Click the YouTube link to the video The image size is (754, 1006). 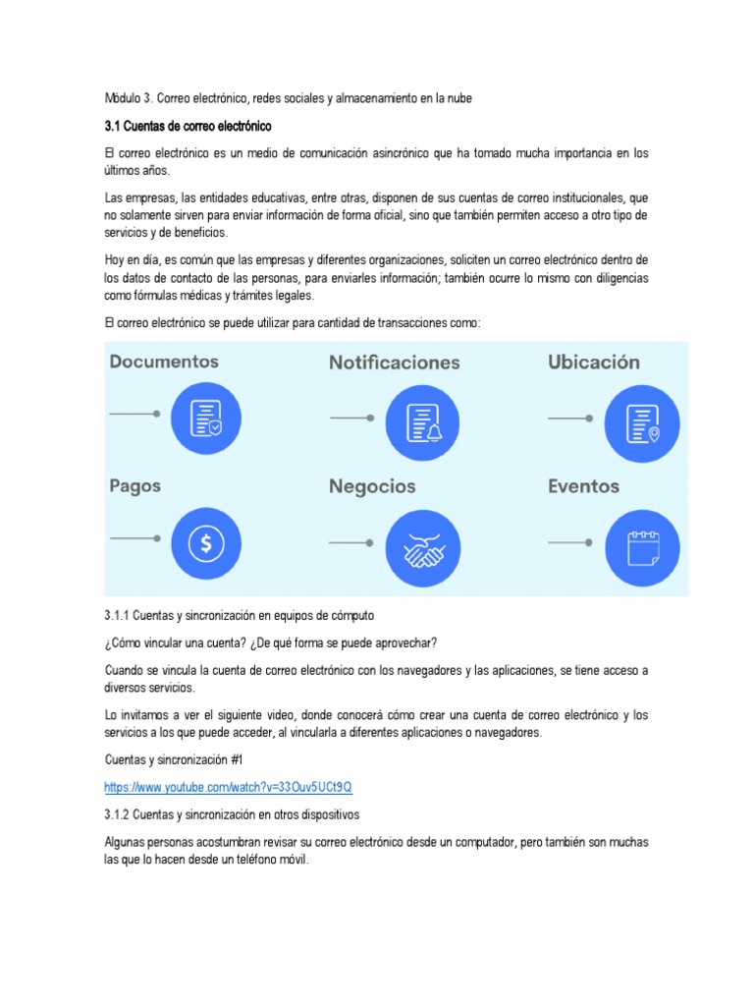pyautogui.click(x=228, y=788)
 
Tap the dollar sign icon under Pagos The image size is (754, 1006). pyautogui.click(x=206, y=542)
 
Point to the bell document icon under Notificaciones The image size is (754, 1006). pyautogui.click(x=422, y=419)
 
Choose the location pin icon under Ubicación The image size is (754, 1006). pyautogui.click(x=643, y=419)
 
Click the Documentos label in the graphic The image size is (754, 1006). pyautogui.click(x=164, y=362)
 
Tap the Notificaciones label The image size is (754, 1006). pyautogui.click(x=394, y=363)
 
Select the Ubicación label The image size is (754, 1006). pyautogui.click(x=593, y=362)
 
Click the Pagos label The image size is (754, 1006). pyautogui.click(x=135, y=485)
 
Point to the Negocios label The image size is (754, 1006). pyautogui.click(x=372, y=486)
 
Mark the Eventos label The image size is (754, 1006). pyautogui.click(x=583, y=486)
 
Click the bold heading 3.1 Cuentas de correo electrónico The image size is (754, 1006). pyautogui.click(x=188, y=127)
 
